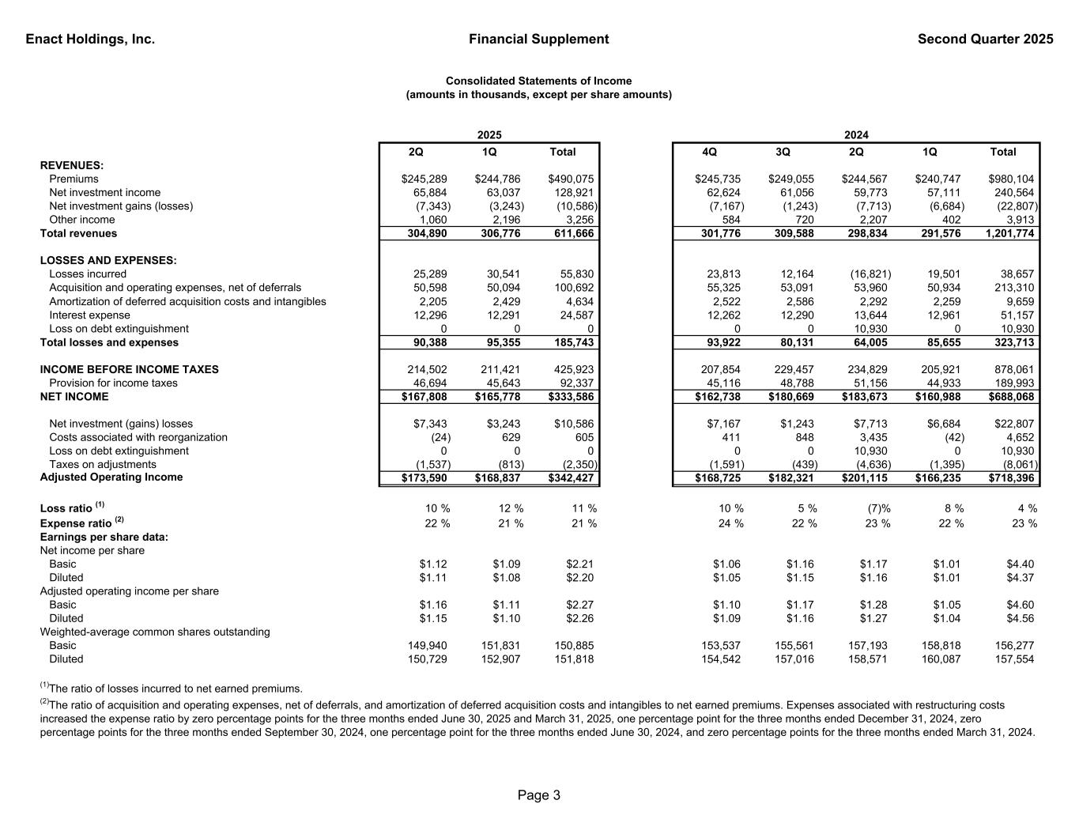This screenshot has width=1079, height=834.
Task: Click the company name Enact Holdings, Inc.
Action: coord(90,40)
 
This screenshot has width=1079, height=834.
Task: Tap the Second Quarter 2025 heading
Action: coord(985,40)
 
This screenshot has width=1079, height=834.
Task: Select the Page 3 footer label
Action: coord(539,795)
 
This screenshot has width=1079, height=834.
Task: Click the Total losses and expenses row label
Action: coord(109,343)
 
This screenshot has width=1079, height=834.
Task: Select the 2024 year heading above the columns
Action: coord(856,135)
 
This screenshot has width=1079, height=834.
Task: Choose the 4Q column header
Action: coord(709,152)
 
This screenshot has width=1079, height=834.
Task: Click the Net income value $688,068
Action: coord(1009,397)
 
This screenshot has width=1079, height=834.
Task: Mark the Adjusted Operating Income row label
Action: coord(111,477)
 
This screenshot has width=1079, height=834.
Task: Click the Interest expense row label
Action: coord(89,315)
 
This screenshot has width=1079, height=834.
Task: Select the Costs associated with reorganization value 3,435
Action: coord(873,438)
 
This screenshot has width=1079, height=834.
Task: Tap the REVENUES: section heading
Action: coord(72,165)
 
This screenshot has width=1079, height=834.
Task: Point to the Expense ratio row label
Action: coord(76,523)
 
